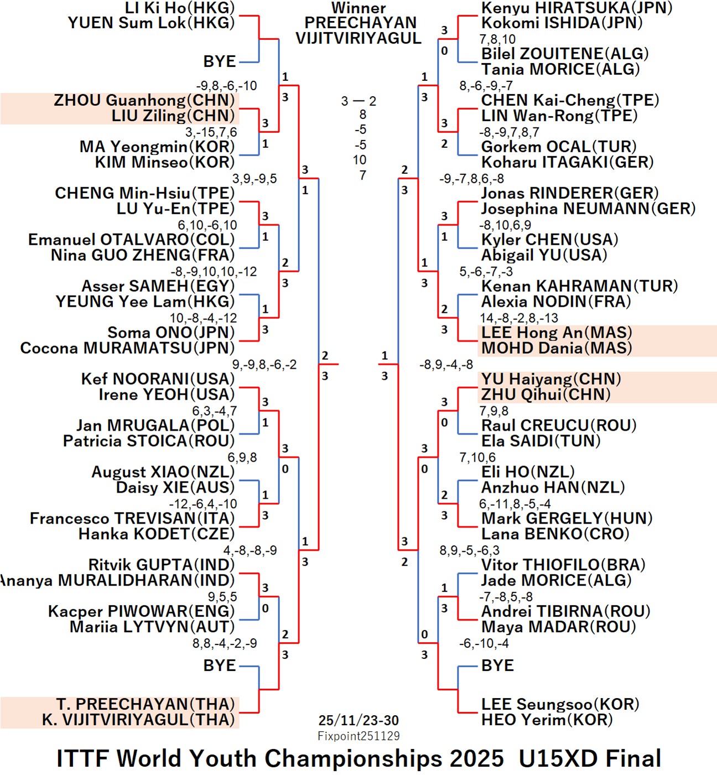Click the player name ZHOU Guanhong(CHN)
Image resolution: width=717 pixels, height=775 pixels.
144,101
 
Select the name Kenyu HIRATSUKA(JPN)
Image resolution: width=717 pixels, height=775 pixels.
576,8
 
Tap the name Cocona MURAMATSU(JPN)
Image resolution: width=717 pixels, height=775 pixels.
127,348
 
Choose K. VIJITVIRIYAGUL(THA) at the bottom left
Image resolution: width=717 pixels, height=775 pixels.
138,720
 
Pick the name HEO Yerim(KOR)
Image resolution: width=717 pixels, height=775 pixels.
547,720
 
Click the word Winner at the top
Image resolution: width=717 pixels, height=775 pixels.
358,8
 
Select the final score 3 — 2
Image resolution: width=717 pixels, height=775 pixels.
358,101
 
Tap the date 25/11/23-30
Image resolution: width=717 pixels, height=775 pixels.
358,720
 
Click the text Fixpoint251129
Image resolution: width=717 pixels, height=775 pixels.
358,736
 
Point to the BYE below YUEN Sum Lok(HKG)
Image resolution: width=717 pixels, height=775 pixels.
220,61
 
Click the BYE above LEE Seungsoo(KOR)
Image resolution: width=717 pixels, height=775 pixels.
497,665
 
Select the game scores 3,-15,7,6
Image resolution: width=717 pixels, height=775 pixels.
211,132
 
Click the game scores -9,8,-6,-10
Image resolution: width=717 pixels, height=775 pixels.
226,86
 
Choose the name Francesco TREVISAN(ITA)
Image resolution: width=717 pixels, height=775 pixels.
132,519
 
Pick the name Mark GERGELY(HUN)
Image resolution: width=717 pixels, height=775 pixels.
567,519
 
